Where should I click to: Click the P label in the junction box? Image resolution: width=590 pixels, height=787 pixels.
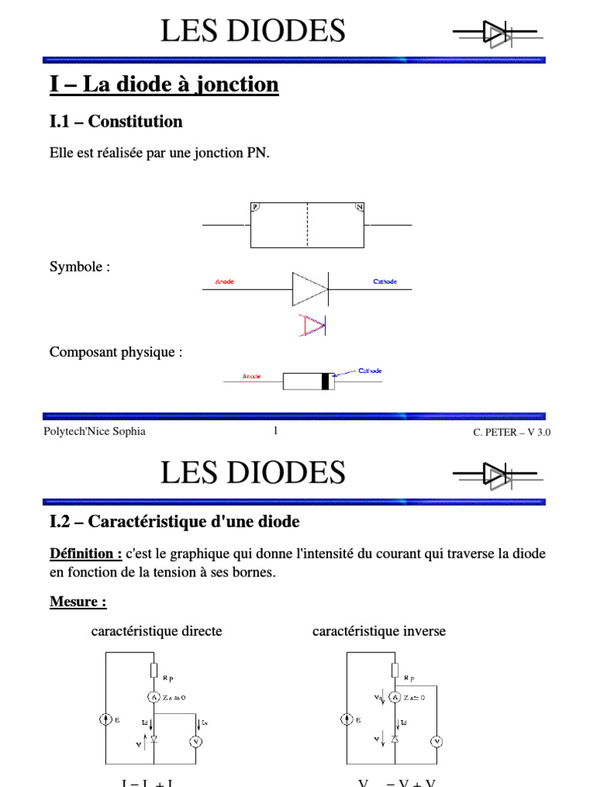coord(256,207)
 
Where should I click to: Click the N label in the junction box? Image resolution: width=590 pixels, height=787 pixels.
coord(359,207)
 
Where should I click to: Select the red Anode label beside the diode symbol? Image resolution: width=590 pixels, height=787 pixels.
coord(225,282)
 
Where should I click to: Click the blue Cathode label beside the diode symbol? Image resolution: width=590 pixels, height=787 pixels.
coord(385,282)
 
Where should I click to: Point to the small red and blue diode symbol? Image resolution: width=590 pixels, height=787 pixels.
coord(312,325)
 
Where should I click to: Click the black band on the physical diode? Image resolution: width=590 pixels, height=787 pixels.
coord(326,381)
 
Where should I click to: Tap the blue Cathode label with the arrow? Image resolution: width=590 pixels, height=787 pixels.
coord(370,371)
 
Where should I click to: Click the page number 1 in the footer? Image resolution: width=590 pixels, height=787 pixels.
coord(275,431)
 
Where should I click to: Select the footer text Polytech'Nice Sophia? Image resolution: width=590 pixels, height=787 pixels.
coord(94,431)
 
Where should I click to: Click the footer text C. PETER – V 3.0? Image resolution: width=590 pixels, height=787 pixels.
coord(512,433)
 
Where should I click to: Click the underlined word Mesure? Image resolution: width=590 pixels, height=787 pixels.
coord(78,602)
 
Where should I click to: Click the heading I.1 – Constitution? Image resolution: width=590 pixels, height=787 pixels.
coord(116,121)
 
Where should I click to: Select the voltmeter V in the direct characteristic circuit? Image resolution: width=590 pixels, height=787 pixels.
coord(195,742)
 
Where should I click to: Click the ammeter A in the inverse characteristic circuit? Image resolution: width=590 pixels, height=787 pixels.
coord(395,697)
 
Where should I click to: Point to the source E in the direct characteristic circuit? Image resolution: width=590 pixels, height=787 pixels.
coord(105,720)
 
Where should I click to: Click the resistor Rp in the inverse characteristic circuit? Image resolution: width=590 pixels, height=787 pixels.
coord(395,670)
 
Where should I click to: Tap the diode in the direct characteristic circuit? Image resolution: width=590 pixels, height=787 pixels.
coord(154,739)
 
